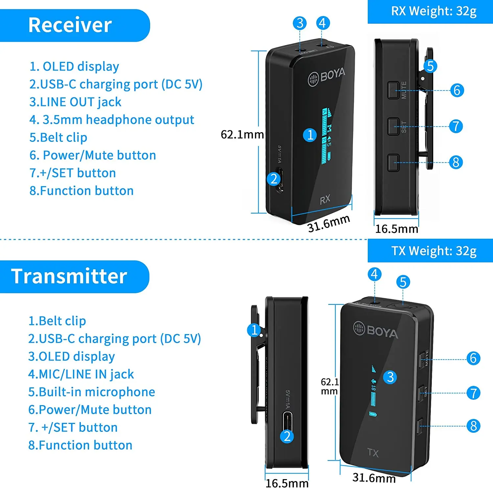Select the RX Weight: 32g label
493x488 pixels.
(x=434, y=11)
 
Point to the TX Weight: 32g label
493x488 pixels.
(x=434, y=251)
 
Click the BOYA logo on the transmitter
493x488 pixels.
(x=375, y=330)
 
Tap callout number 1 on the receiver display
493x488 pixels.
(x=310, y=135)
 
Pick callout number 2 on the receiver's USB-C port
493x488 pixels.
(x=274, y=179)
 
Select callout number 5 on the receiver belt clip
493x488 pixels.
(x=430, y=66)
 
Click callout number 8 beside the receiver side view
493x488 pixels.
(x=456, y=162)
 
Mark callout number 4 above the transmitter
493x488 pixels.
(x=374, y=274)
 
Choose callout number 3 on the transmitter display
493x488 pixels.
(x=390, y=377)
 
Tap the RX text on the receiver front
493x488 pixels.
(x=325, y=199)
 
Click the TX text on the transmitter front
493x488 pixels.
(x=373, y=453)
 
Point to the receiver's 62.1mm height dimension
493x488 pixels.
(x=242, y=134)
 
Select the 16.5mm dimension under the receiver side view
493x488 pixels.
(x=397, y=229)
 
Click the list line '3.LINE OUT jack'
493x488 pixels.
(x=75, y=102)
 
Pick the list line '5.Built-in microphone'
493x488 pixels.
(x=91, y=392)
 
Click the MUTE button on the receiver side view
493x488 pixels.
(x=393, y=90)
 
